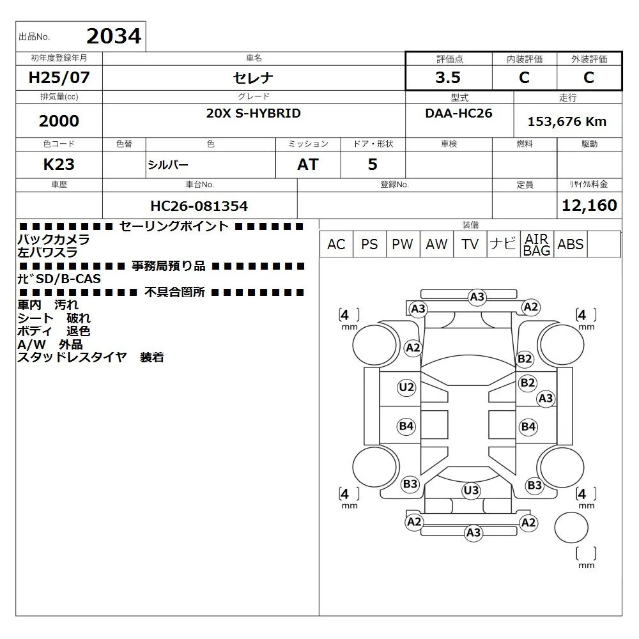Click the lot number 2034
(114, 36)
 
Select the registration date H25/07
(59, 77)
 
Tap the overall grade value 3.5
(448, 77)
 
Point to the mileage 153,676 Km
(567, 121)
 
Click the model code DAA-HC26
(458, 113)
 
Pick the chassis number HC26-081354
(199, 206)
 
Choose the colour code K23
(59, 164)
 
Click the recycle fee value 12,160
(589, 205)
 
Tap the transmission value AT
(308, 164)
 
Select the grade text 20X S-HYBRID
(253, 113)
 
